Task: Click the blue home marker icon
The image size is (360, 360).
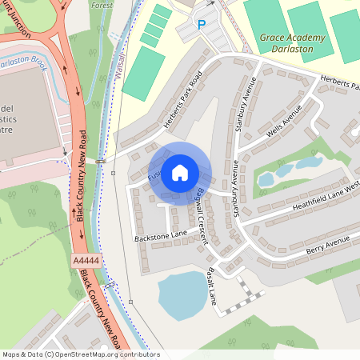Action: click(x=180, y=173)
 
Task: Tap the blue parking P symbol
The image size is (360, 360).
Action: click(x=202, y=25)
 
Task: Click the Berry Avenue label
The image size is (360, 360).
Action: click(x=329, y=246)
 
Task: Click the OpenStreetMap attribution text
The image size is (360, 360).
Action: click(x=80, y=354)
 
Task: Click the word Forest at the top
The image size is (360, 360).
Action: click(x=102, y=4)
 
